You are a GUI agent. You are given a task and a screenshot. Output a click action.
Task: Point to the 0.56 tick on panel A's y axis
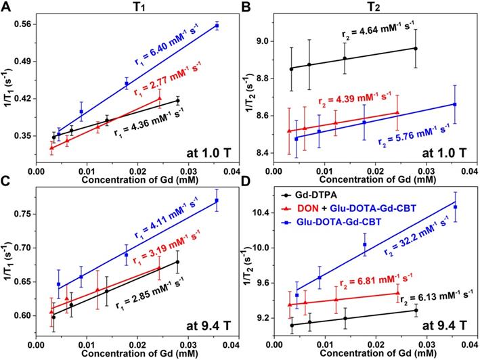(30, 24)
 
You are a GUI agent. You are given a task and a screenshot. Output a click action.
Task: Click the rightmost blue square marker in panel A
(217, 26)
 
